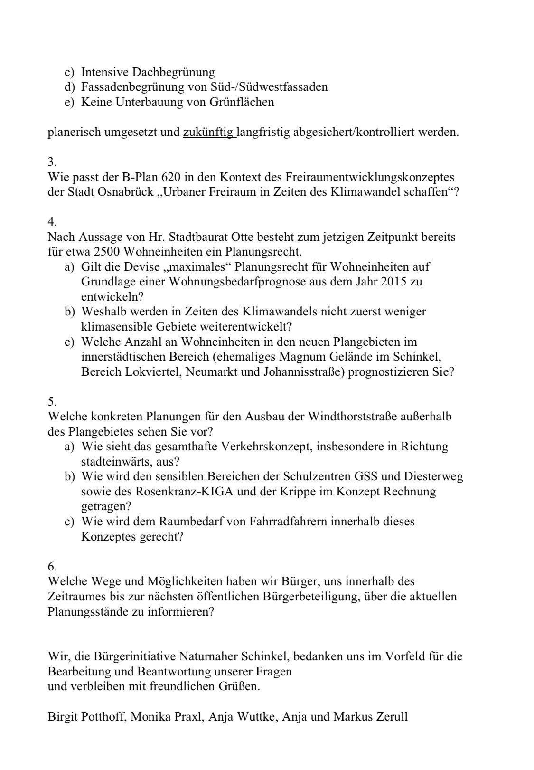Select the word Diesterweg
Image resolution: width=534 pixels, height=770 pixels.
coord(433,476)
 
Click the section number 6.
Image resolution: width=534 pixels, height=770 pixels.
coord(52,566)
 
